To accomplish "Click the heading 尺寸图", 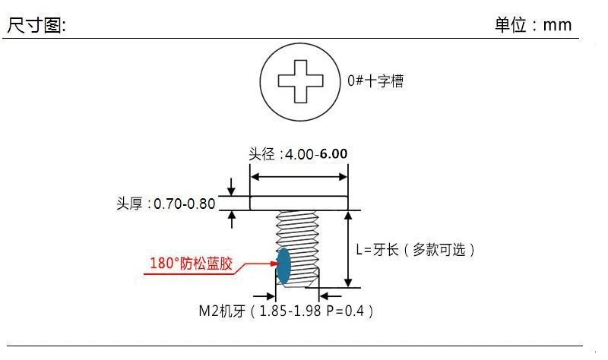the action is click(36, 24).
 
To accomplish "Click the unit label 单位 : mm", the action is click(533, 24).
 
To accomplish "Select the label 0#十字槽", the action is click(375, 81).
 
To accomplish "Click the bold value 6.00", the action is click(334, 153).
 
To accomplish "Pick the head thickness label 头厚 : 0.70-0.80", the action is click(166, 204).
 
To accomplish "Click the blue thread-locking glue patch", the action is click(283, 265).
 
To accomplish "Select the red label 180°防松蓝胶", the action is click(192, 264).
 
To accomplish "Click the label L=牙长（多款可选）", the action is click(420, 249).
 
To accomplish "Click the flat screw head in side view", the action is click(299, 203).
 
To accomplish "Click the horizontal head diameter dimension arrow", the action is click(299, 177).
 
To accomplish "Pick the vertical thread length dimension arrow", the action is click(348, 249).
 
